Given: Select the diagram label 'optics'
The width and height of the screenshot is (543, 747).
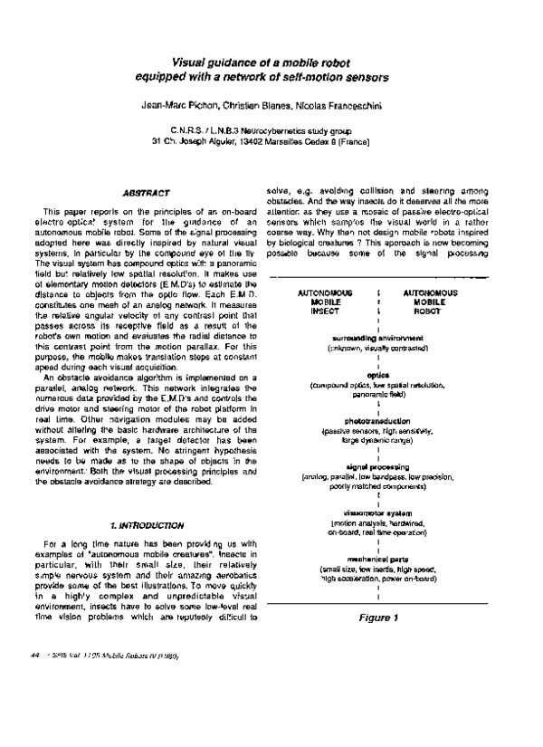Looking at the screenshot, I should (x=377, y=374).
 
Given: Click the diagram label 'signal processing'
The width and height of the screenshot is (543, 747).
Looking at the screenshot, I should (x=377, y=467).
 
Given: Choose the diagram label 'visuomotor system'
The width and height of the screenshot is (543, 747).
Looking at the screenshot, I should (x=377, y=513).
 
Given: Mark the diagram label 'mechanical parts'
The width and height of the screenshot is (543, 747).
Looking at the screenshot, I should (x=377, y=560).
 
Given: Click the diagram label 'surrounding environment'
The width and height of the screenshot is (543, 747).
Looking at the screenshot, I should (x=377, y=337).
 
